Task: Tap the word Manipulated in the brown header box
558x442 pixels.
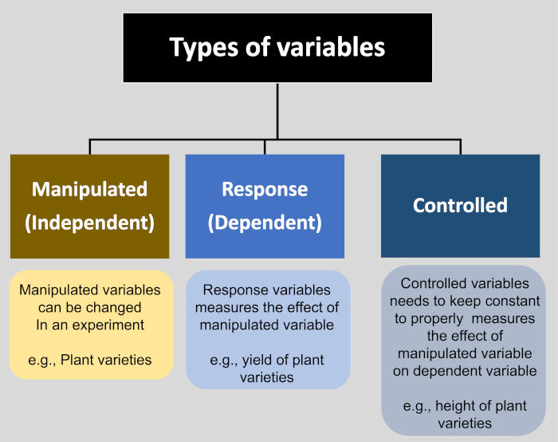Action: (x=89, y=189)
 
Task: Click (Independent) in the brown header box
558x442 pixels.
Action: (x=89, y=223)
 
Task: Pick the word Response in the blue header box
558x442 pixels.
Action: (x=265, y=189)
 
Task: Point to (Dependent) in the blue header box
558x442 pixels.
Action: (x=265, y=223)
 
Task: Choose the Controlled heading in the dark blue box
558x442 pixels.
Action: (x=460, y=205)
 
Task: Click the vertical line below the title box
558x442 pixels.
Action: (x=277, y=112)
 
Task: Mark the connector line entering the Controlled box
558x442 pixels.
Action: (x=460, y=147)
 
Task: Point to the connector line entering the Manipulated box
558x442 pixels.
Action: (x=89, y=147)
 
